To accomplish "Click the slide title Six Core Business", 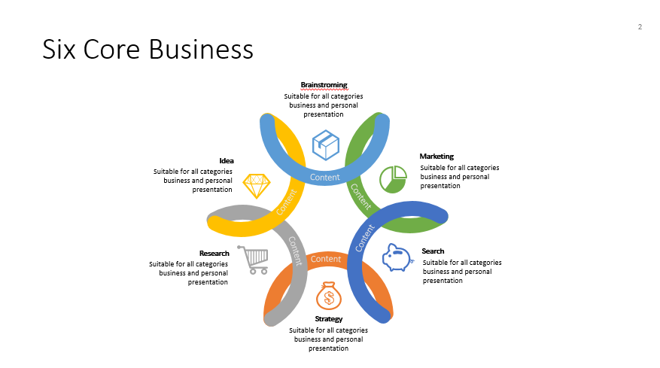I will click(x=148, y=49).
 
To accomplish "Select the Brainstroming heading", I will click(x=324, y=85).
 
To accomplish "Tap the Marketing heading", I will click(x=436, y=157).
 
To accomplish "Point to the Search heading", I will click(x=433, y=251).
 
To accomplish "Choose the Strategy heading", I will click(x=329, y=319).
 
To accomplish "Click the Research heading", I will click(x=214, y=254).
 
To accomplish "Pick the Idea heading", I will click(x=227, y=160).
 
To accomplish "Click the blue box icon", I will click(x=326, y=144).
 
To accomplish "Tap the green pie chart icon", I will click(x=393, y=179).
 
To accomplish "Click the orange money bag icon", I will click(x=328, y=296).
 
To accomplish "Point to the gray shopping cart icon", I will click(x=254, y=260).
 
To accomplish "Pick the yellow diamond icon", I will click(x=257, y=185).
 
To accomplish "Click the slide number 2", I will click(x=640, y=28).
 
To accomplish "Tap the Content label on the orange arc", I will click(x=326, y=259).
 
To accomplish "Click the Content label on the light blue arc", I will click(x=325, y=178).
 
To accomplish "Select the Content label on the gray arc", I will click(x=295, y=251).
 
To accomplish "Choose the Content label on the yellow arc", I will click(x=286, y=201).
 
